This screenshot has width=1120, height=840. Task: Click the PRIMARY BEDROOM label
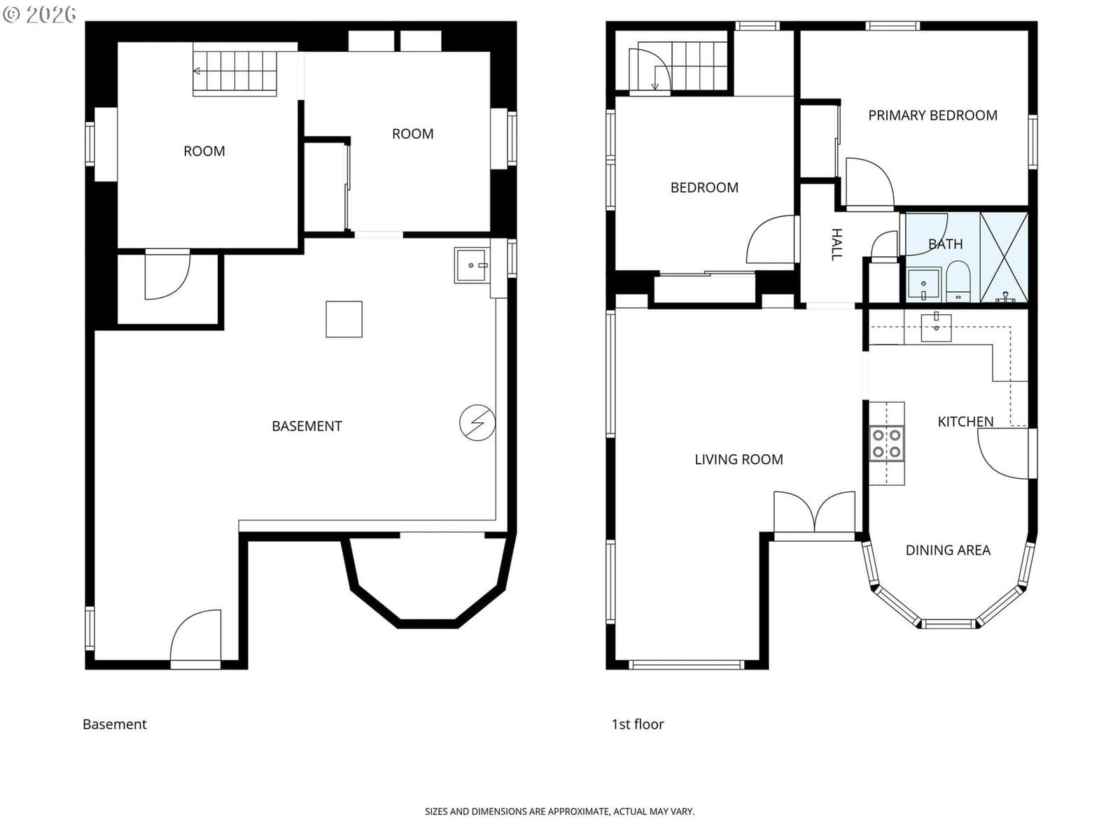pyautogui.click(x=932, y=115)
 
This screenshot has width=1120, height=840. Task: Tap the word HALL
pyautogui.click(x=836, y=244)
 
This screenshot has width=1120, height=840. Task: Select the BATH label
pyautogui.click(x=945, y=244)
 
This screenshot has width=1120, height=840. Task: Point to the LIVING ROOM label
pyautogui.click(x=738, y=459)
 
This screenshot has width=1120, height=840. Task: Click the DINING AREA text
pyautogui.click(x=948, y=549)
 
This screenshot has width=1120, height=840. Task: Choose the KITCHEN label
pyautogui.click(x=965, y=421)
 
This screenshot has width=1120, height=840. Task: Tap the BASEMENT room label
pyautogui.click(x=307, y=426)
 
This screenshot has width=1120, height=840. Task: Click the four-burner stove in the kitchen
pyautogui.click(x=886, y=443)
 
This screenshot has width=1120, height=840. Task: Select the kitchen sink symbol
pyautogui.click(x=936, y=327)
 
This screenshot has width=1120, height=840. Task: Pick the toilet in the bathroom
pyautogui.click(x=958, y=281)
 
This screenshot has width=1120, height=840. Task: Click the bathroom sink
pyautogui.click(x=923, y=285)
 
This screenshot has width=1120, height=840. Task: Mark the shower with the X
pyautogui.click(x=1004, y=257)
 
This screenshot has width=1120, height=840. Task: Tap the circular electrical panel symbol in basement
pyautogui.click(x=477, y=422)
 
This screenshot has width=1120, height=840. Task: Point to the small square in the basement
pyautogui.click(x=344, y=318)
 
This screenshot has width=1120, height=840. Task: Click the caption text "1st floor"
pyautogui.click(x=637, y=724)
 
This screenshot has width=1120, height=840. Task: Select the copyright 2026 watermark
pyautogui.click(x=39, y=14)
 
